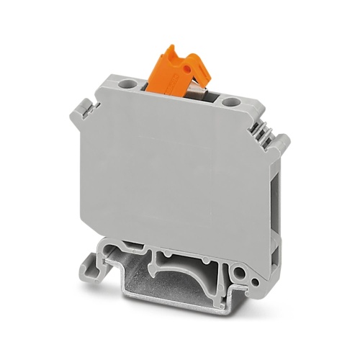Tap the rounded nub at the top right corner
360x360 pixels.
pos(283,140)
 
